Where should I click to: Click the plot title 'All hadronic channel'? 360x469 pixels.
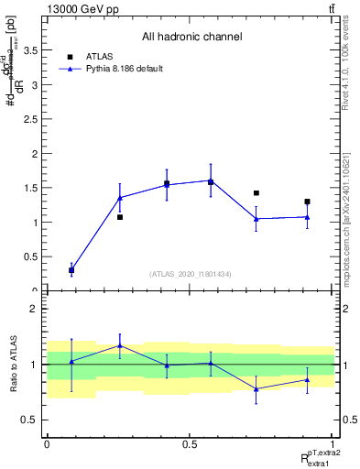191,38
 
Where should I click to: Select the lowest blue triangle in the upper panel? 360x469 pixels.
71,269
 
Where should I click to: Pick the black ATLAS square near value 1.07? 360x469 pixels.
120,217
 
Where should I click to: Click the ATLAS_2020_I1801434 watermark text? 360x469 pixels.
191,274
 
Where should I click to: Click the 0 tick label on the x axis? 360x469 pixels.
47,444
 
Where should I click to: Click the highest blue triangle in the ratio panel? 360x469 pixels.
120,345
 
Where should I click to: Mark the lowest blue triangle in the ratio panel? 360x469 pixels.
256,389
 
